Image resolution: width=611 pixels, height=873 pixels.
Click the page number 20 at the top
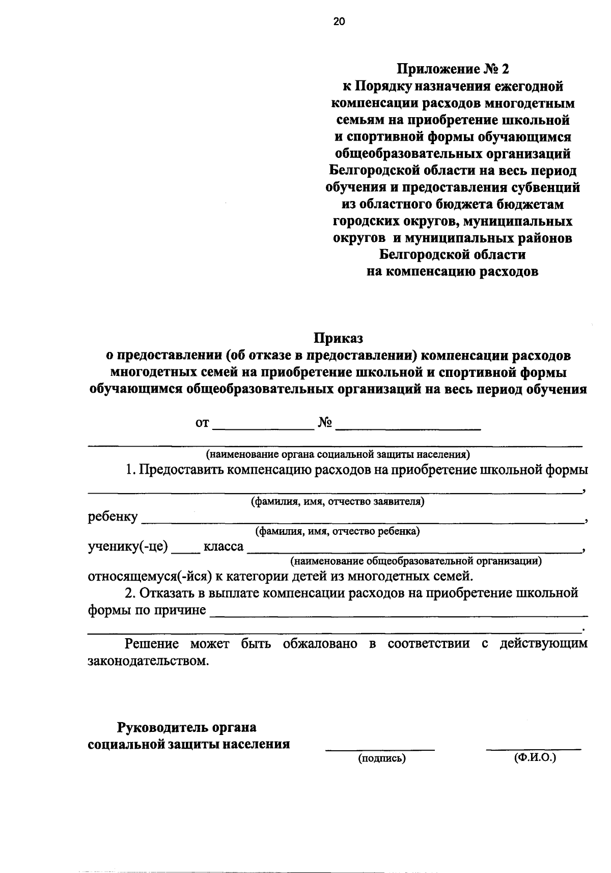pyautogui.click(x=339, y=21)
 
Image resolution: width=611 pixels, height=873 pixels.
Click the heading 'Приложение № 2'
pyautogui.click(x=453, y=69)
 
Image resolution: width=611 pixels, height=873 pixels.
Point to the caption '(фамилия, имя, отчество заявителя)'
pyautogui.click(x=338, y=502)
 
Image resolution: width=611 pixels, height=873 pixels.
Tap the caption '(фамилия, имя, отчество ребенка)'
pyautogui.click(x=338, y=532)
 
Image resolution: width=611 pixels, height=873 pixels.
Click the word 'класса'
pyautogui.click(x=224, y=547)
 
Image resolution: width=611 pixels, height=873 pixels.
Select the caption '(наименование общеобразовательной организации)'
pyautogui.click(x=415, y=562)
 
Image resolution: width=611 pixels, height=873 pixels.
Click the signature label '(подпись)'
pyautogui.click(x=382, y=759)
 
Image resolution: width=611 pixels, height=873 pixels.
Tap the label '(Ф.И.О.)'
pyautogui.click(x=535, y=758)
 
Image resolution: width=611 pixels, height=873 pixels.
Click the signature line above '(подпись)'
pyautogui.click(x=380, y=749)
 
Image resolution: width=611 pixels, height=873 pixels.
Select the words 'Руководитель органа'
pyautogui.click(x=187, y=727)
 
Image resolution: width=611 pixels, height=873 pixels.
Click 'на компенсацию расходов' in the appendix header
pyautogui.click(x=453, y=271)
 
